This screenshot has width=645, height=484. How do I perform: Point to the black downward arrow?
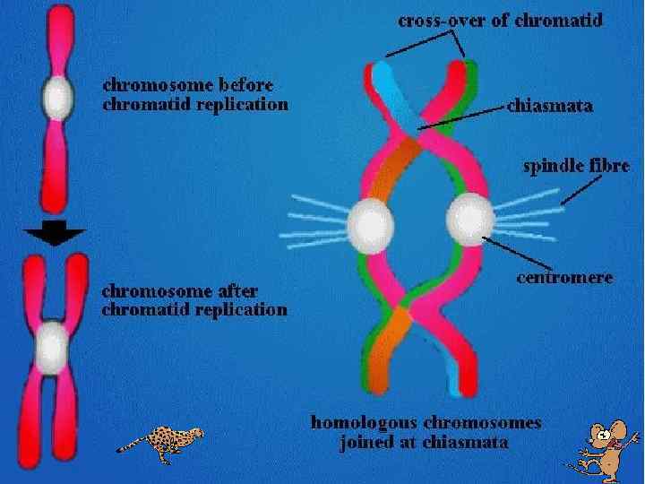(55, 234)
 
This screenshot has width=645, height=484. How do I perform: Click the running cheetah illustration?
(162, 443)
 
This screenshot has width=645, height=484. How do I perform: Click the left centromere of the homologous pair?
(369, 222)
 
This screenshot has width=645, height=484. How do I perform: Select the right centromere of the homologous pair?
(469, 219)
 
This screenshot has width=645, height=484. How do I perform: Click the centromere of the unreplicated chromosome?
(57, 97)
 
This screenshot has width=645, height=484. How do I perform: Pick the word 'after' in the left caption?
(238, 290)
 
